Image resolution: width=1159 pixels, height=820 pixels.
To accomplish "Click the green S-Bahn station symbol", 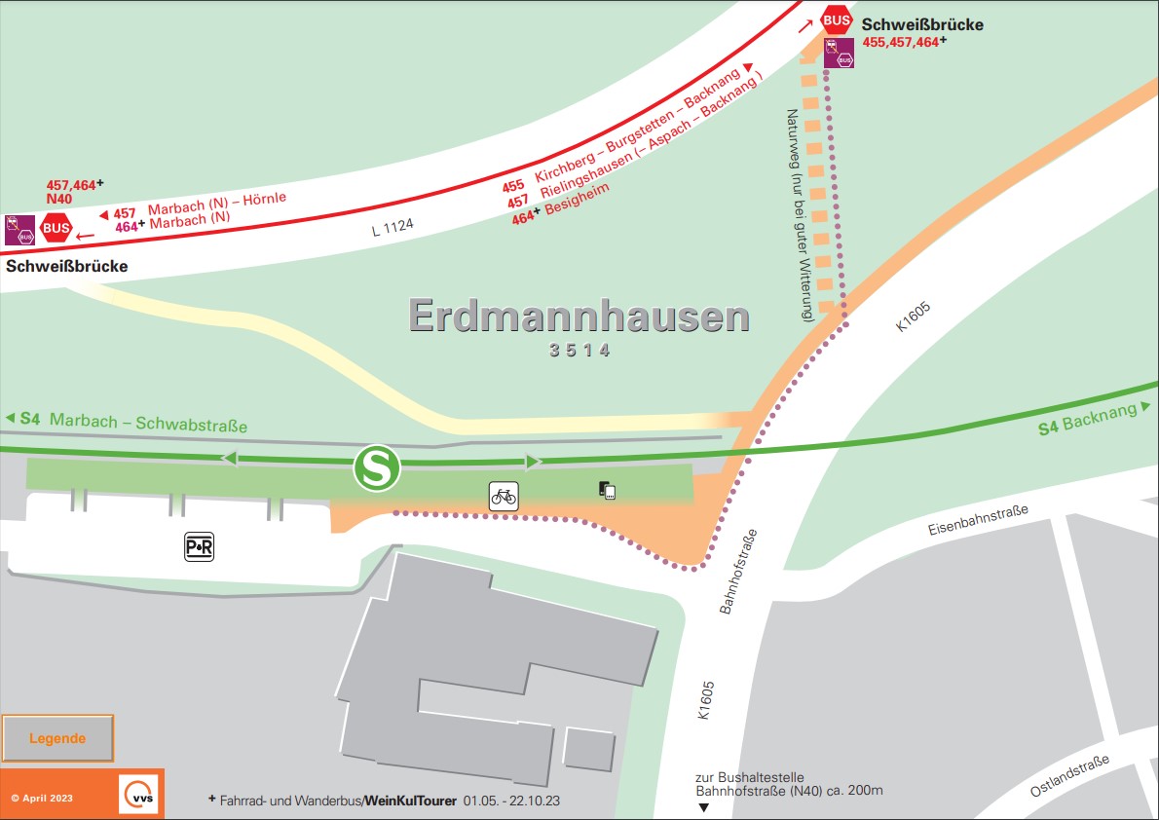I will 377,468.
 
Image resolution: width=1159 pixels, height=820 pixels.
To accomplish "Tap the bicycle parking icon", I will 504,496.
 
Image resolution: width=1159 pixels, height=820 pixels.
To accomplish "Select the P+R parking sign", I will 199,547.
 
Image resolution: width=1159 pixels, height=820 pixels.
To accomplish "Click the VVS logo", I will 136,794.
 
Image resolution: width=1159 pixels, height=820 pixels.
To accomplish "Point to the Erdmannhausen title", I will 579,317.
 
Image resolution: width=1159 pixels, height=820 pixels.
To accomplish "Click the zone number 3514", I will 579,351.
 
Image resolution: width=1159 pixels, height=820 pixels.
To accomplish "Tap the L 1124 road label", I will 393,227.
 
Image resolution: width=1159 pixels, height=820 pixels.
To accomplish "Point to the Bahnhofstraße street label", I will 738,572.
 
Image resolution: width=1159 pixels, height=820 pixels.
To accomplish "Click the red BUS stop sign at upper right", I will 837,19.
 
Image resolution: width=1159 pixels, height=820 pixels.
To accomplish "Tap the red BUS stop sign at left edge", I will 56,228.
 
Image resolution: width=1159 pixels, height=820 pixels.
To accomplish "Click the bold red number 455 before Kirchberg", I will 513,185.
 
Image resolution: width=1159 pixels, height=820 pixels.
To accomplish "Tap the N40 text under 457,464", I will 60,198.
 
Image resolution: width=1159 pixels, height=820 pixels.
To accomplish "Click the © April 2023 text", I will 42,798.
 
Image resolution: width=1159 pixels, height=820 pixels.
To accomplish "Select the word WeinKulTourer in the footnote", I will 410,801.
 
